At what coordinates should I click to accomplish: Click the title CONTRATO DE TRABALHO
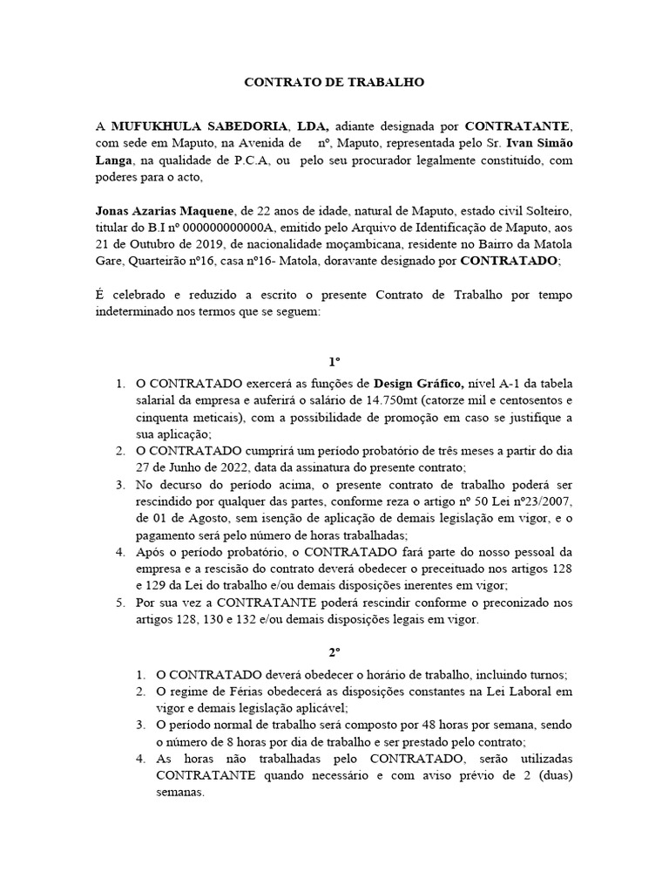(x=333, y=83)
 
